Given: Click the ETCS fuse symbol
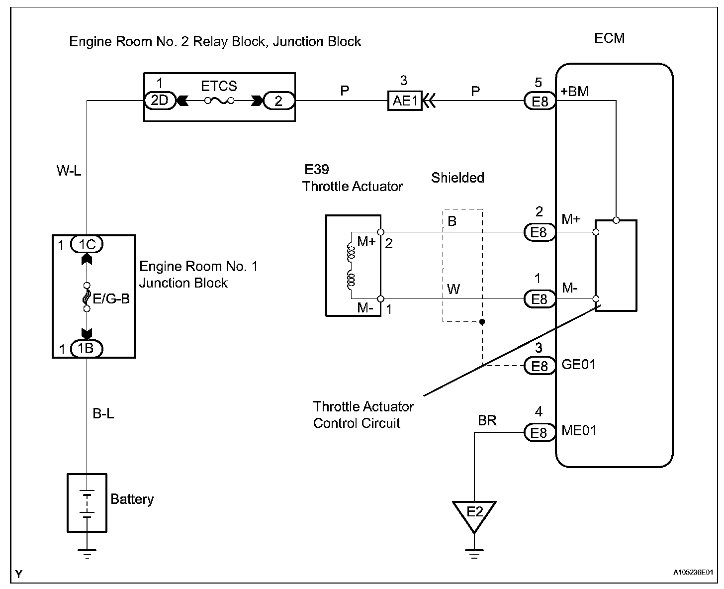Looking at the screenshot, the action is point(219,100).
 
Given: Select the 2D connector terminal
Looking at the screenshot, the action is point(160,100).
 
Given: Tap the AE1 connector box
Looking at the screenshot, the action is point(405,100).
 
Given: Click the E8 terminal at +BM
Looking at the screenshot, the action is point(540,101).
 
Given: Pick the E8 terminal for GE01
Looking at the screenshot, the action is point(540,366).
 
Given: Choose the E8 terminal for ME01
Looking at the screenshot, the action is point(540,433).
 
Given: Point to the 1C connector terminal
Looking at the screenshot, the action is point(87,244).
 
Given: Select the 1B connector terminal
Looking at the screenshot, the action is point(87,349).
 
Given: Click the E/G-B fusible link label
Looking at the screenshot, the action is point(111,298).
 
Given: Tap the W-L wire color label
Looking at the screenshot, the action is point(69,170).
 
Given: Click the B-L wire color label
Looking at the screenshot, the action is point(103,413).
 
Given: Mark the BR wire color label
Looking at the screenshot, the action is point(487,421).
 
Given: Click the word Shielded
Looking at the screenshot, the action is point(457,178).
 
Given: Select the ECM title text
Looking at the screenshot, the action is point(610,38).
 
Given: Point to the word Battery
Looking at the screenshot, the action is point(132,499).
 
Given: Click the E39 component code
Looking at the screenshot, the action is point(316,169).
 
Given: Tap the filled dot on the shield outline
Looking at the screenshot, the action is point(482,321).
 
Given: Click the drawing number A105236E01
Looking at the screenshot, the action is point(693,573).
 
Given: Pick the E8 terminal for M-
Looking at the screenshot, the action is point(540,299).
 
